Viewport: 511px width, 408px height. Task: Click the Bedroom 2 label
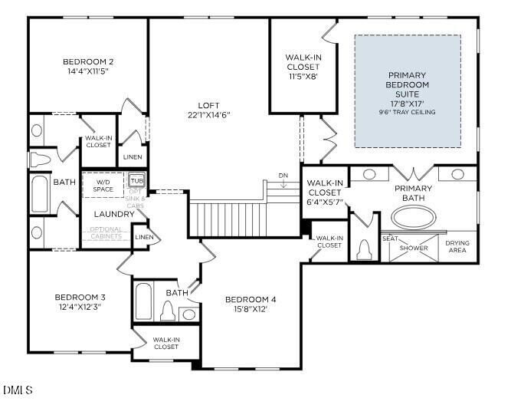[x=88, y=62]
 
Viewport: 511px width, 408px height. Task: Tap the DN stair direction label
[x=283, y=175]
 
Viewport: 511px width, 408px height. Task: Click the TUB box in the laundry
[x=136, y=181]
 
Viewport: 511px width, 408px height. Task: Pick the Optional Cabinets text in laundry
[x=106, y=232]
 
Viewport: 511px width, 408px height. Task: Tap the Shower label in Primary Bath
[x=414, y=248]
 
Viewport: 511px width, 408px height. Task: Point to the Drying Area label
[x=457, y=248]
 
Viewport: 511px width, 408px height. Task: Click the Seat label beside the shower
[x=390, y=239]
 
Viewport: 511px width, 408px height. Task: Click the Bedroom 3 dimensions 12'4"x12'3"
[x=80, y=306]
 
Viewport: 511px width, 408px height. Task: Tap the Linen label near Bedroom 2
[x=133, y=156]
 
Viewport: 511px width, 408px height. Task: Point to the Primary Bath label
[x=413, y=193]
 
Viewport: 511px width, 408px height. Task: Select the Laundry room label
[x=114, y=214]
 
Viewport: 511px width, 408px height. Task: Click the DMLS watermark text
[x=18, y=390]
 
